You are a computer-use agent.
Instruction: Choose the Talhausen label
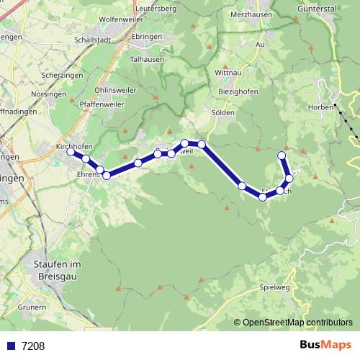(x=148, y=59)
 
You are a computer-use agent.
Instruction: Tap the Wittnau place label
(x=230, y=73)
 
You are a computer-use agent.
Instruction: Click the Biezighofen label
(x=237, y=92)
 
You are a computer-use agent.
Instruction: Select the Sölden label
(x=222, y=113)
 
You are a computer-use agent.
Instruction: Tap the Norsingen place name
(x=50, y=93)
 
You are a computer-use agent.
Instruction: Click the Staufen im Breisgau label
(x=55, y=270)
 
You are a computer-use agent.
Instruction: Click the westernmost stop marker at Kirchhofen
(x=71, y=152)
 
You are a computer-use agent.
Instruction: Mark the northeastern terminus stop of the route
(x=282, y=156)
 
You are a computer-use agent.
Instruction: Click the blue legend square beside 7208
(x=9, y=346)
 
